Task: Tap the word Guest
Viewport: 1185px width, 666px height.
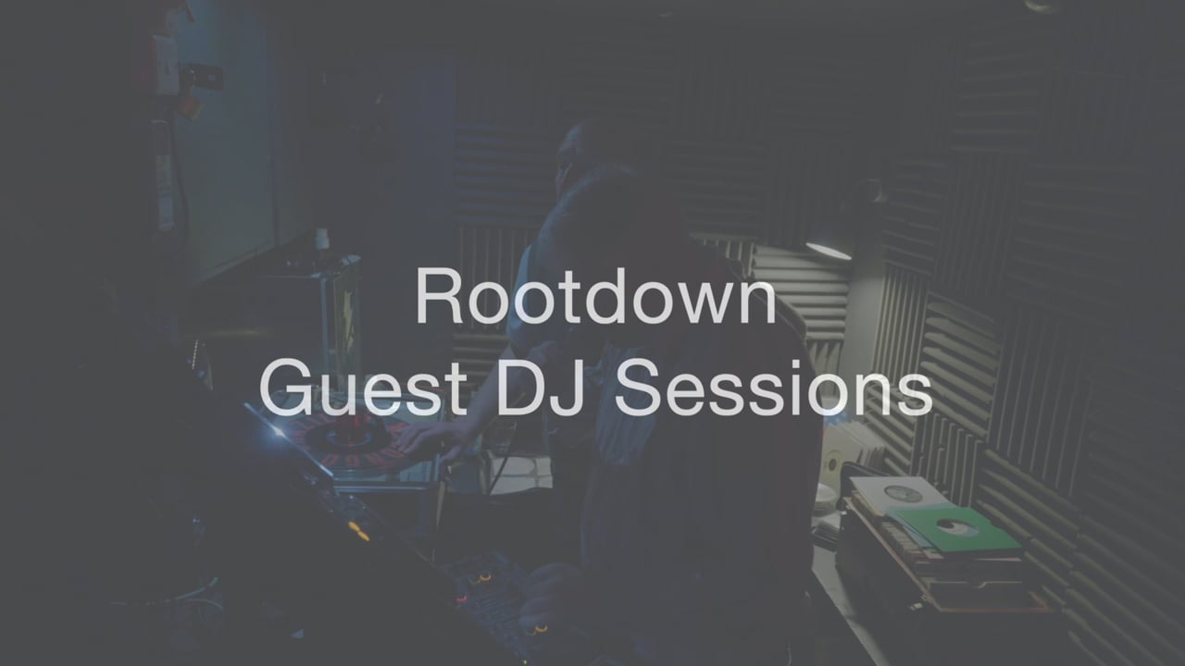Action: (364, 388)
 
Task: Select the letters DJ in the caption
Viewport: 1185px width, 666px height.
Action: (540, 388)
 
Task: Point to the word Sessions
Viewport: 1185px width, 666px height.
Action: (772, 388)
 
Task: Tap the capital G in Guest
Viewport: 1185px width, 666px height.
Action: (286, 388)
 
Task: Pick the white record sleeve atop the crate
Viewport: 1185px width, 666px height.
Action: (899, 493)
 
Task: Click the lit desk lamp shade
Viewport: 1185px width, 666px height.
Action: (829, 250)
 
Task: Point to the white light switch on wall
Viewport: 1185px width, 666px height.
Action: (166, 65)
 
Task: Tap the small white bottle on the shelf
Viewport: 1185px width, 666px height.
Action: (322, 240)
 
